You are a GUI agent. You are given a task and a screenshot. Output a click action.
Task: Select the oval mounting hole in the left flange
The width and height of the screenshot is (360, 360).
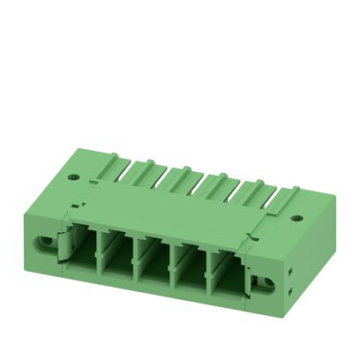click(43, 240)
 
